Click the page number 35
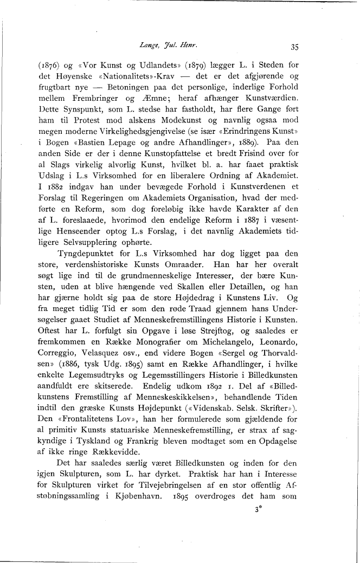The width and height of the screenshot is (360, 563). click(x=295, y=46)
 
